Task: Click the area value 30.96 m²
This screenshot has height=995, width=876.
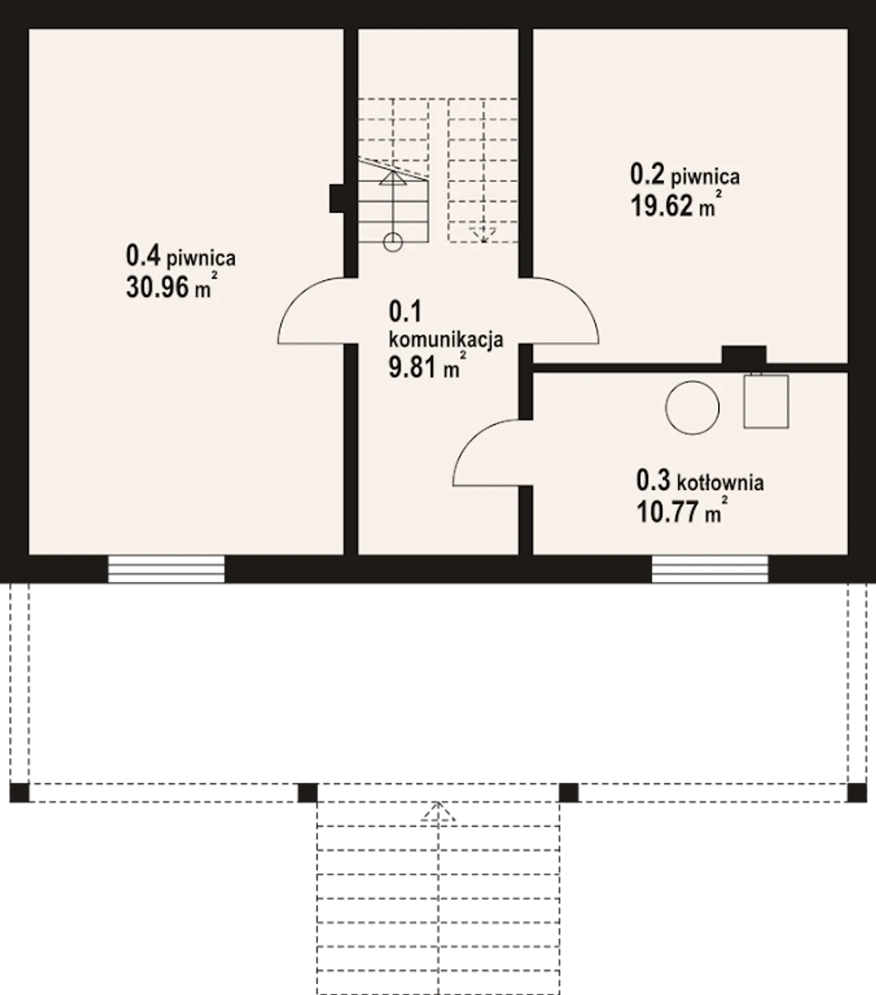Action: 172,286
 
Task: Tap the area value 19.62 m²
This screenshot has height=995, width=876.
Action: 677,205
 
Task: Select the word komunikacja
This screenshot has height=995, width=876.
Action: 446,340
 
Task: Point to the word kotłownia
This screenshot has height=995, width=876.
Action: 720,482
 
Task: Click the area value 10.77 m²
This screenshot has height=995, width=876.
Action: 682,511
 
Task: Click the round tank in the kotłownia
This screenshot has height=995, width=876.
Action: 693,408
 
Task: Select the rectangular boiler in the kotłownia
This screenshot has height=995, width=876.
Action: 766,401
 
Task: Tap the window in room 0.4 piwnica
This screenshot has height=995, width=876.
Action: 166,569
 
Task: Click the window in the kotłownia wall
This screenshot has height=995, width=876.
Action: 710,569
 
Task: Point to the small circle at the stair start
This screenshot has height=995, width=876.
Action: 393,242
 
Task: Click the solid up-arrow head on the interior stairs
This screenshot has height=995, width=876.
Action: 393,178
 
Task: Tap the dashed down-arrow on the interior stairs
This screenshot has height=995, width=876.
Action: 483,235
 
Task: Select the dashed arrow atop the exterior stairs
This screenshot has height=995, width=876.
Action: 438,812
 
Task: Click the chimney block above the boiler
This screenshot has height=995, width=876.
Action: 744,355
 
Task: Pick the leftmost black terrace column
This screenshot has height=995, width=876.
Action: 19,792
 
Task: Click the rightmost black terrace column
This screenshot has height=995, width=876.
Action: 857,792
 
